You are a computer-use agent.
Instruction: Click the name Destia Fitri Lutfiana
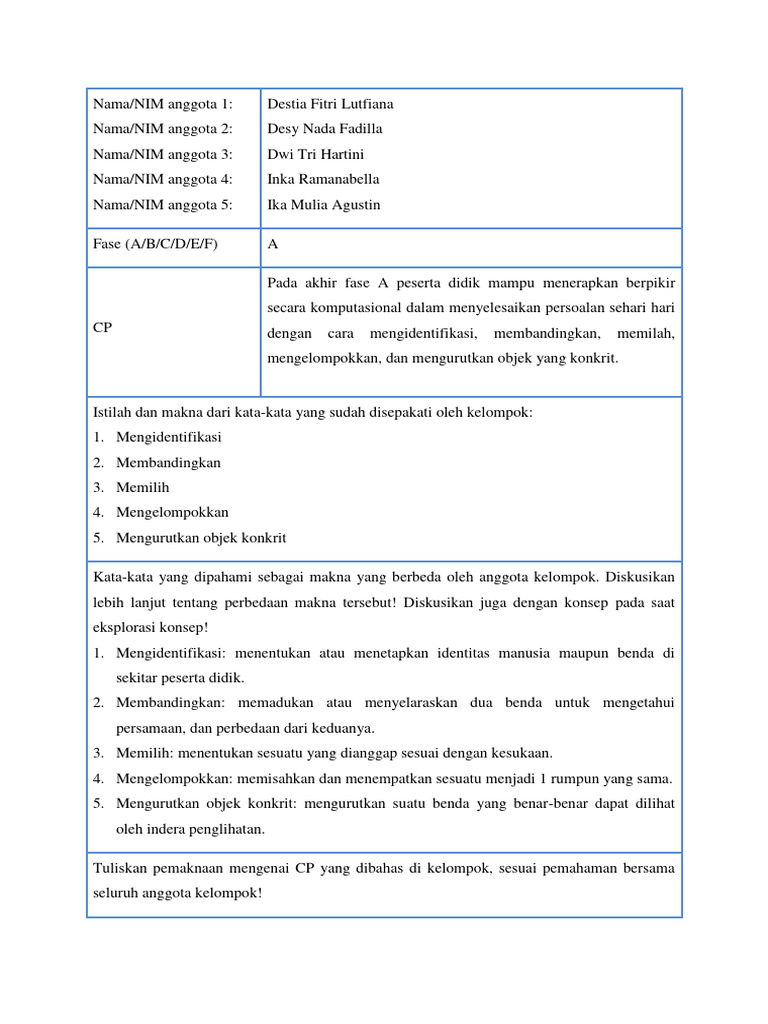coord(330,104)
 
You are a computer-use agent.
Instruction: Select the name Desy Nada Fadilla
coord(325,129)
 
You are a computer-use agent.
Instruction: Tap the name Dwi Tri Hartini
coord(314,154)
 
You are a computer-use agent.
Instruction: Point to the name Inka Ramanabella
coord(323,179)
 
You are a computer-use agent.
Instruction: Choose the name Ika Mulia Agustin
coord(324,205)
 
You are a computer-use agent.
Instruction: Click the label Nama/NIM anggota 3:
coord(162,154)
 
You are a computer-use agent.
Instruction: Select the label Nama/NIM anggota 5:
coord(162,205)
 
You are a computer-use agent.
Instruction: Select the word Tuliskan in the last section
coord(121,868)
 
